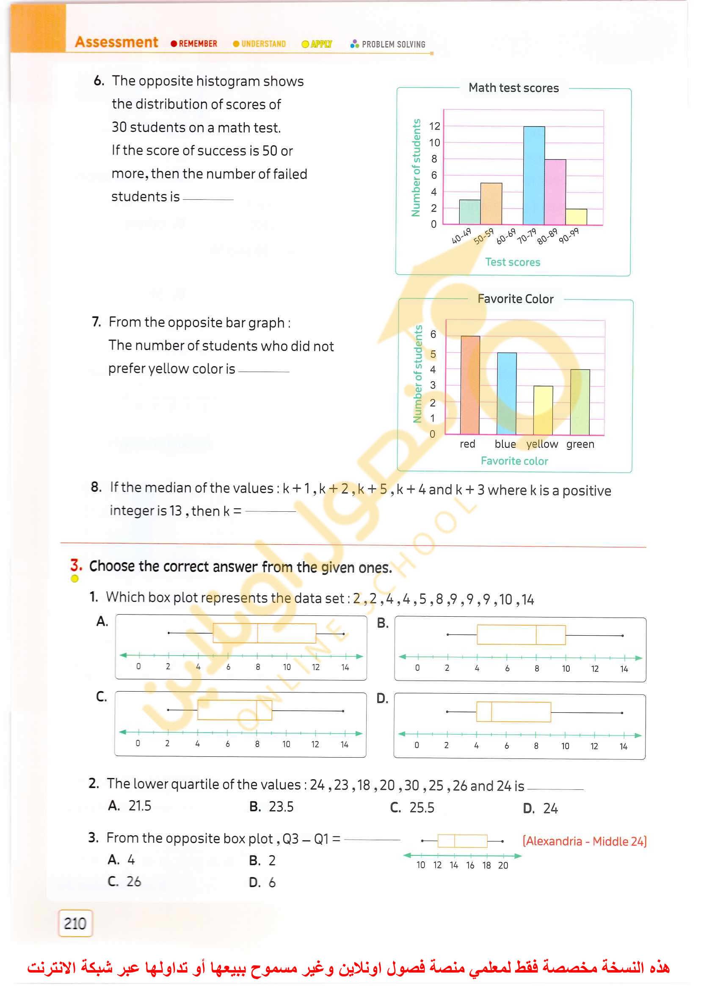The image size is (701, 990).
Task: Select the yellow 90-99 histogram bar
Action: [x=576, y=217]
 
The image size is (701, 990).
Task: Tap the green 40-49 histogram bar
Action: [x=469, y=212]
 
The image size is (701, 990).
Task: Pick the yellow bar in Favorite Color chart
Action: [x=543, y=410]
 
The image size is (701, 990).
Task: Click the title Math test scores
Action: [x=513, y=88]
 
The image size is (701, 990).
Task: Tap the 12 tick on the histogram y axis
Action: [x=434, y=126]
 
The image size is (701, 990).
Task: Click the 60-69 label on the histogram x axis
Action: [x=506, y=236]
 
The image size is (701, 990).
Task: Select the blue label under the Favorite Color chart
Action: [x=505, y=444]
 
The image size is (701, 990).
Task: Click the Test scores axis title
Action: [x=512, y=262]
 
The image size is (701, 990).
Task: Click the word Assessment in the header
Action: [x=116, y=42]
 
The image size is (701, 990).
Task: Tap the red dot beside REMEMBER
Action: [x=174, y=44]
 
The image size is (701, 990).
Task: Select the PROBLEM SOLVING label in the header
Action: [x=393, y=44]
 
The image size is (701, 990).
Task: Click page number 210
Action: [x=75, y=923]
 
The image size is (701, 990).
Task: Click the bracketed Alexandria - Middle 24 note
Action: [x=584, y=841]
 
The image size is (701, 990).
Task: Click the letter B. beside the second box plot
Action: [x=382, y=623]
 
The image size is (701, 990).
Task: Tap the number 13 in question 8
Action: [x=175, y=510]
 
